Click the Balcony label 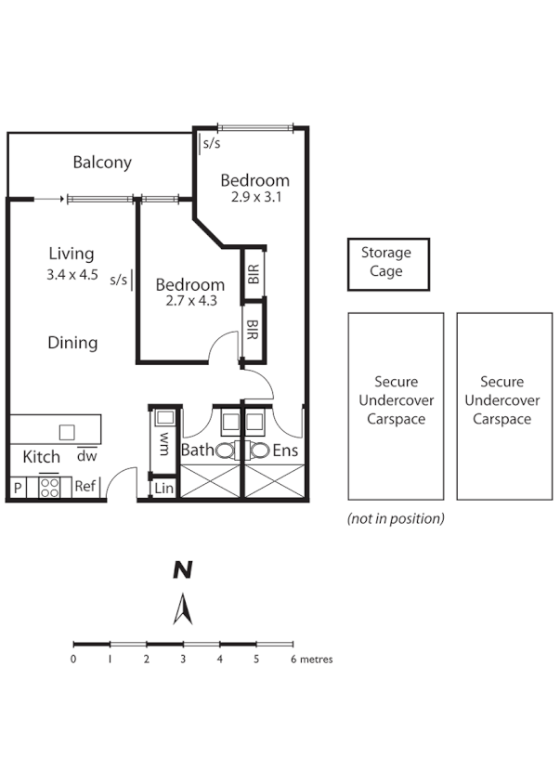(102, 162)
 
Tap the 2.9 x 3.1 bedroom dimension (256, 197)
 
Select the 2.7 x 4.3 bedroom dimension (191, 301)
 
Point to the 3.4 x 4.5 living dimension (72, 275)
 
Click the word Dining (72, 343)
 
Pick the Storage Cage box (388, 265)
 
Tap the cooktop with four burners (49, 488)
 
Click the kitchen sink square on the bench (67, 432)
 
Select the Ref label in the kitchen (85, 486)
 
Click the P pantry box (18, 488)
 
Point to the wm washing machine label (164, 445)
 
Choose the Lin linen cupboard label (164, 489)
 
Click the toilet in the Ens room (258, 451)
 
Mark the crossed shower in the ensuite (274, 481)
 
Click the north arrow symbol (183, 609)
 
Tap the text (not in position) (396, 519)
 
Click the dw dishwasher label (86, 455)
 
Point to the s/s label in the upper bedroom (212, 143)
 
